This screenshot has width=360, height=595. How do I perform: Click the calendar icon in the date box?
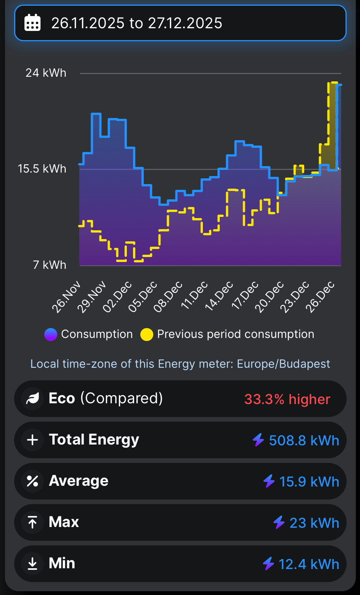coord(32,23)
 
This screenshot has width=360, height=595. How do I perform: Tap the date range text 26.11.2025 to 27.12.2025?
coord(136,23)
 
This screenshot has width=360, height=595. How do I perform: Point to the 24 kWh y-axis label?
coord(46,73)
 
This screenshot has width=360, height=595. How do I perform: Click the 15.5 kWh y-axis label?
coord(42,168)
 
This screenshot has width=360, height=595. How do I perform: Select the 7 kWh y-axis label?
coord(50,265)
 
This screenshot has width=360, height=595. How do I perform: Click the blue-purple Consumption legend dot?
coord(51,335)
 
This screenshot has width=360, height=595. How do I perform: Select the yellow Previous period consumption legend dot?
coord(147,335)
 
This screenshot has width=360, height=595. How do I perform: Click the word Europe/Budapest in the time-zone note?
coord(283,364)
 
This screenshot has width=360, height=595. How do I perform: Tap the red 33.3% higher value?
coord(287,399)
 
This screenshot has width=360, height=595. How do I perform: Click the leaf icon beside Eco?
coord(32,399)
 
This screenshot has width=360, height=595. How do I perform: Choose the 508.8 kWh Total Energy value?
coord(304,440)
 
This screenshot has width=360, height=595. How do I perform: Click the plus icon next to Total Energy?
coord(32,440)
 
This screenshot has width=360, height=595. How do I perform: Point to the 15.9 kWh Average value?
coord(309,482)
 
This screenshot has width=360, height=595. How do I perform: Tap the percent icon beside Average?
coord(32,481)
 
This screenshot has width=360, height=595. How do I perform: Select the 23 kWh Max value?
coord(314,523)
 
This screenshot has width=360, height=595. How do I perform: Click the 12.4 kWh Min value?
coord(308,564)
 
